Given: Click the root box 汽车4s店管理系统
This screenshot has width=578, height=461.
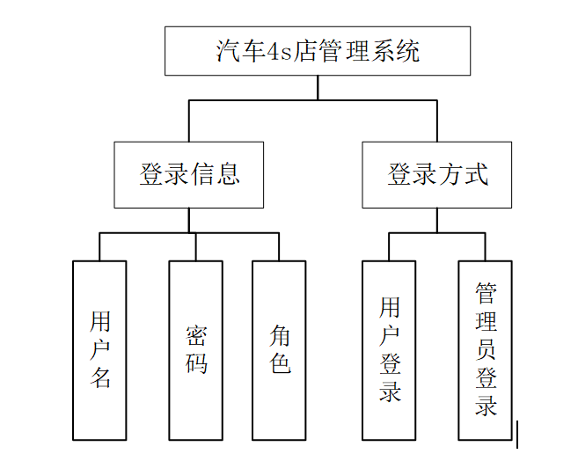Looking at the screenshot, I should (318, 51).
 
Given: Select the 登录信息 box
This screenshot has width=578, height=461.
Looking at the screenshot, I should (189, 174).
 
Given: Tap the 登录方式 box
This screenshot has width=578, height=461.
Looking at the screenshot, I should (437, 174).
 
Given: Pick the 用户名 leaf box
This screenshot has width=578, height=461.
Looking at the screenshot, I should (99, 350).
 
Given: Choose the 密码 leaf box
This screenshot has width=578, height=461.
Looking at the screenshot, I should (196, 350).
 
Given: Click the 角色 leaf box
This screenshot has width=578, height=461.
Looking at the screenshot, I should (280, 350).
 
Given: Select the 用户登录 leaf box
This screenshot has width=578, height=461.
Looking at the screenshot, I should (390, 350).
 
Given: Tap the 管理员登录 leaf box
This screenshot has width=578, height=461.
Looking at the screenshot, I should (485, 350).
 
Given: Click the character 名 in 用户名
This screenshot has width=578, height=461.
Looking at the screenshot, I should (100, 378).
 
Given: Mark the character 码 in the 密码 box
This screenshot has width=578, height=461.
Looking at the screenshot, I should (196, 362).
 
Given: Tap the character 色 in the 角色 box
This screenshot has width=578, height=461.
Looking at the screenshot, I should (280, 362).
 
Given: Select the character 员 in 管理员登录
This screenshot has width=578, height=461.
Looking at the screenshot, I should (486, 349).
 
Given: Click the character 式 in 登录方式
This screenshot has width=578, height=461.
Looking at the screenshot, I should (476, 174).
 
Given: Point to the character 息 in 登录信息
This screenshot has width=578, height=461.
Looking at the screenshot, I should (228, 174).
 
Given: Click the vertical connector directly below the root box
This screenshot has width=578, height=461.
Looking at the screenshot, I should (318, 88).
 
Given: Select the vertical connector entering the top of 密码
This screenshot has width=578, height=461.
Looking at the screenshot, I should (196, 247).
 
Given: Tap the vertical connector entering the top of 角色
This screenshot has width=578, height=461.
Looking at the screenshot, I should (279, 247).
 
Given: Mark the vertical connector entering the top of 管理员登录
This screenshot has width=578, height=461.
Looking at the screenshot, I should (485, 247).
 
